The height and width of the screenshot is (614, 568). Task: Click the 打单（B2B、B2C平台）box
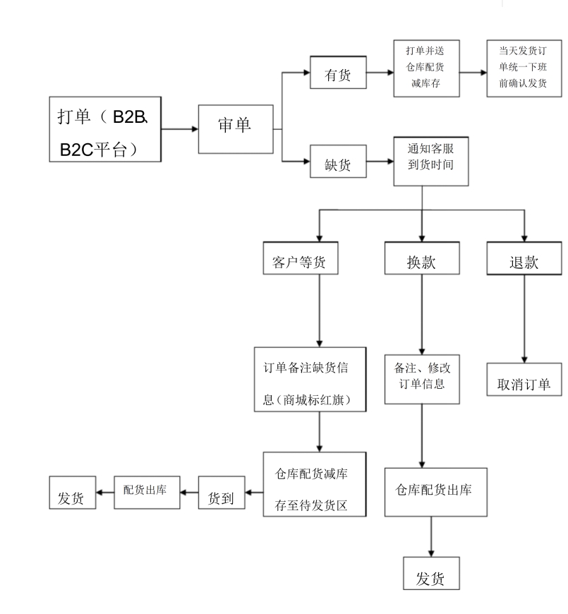pos(106,129)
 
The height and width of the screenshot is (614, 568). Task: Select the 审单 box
pos(236,129)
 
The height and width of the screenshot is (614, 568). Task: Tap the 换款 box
pos(421,263)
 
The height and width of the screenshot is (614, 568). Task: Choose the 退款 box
pos(524,263)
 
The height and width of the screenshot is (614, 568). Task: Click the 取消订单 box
pos(524,383)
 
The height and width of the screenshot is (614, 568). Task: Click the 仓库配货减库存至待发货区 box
pos(315,484)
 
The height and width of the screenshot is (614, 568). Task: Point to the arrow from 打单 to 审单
pos(179,129)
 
